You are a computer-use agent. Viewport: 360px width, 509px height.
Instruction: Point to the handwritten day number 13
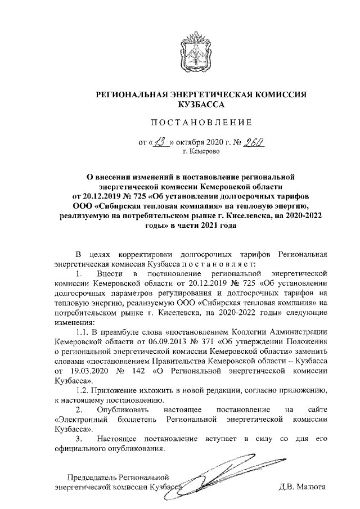point(161,141)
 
